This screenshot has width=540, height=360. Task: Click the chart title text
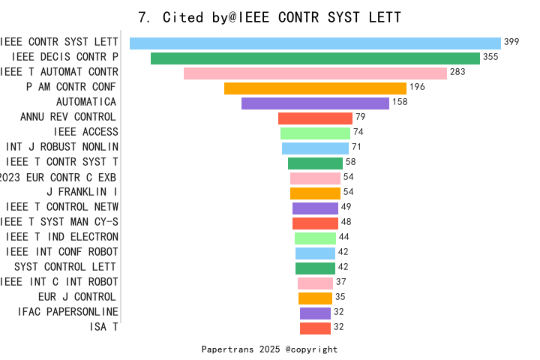(x=270, y=17)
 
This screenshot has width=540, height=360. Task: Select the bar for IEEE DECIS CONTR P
(x=315, y=58)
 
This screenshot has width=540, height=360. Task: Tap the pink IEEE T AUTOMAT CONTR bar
(x=315, y=73)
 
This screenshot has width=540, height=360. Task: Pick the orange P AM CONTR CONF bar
(x=315, y=88)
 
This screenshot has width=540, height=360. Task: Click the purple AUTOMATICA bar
(x=315, y=103)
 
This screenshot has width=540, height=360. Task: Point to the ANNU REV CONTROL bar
(x=315, y=118)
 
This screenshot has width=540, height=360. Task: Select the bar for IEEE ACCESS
(x=315, y=133)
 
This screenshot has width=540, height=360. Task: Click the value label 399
(x=511, y=42)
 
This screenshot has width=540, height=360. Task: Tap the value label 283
(x=457, y=72)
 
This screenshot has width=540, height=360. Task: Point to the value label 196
(x=417, y=87)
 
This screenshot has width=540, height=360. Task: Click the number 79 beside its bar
(x=360, y=117)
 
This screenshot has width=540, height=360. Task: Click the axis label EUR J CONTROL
(x=77, y=297)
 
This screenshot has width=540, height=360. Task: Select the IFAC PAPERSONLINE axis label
(x=68, y=312)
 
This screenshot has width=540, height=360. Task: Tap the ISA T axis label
(x=103, y=327)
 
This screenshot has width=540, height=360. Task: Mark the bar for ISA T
(x=315, y=328)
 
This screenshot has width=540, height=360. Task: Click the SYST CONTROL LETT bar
(x=315, y=268)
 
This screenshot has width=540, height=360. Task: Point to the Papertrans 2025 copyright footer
(x=270, y=349)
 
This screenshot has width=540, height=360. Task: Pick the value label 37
(x=340, y=282)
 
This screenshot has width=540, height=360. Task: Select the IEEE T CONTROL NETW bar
(x=315, y=208)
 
